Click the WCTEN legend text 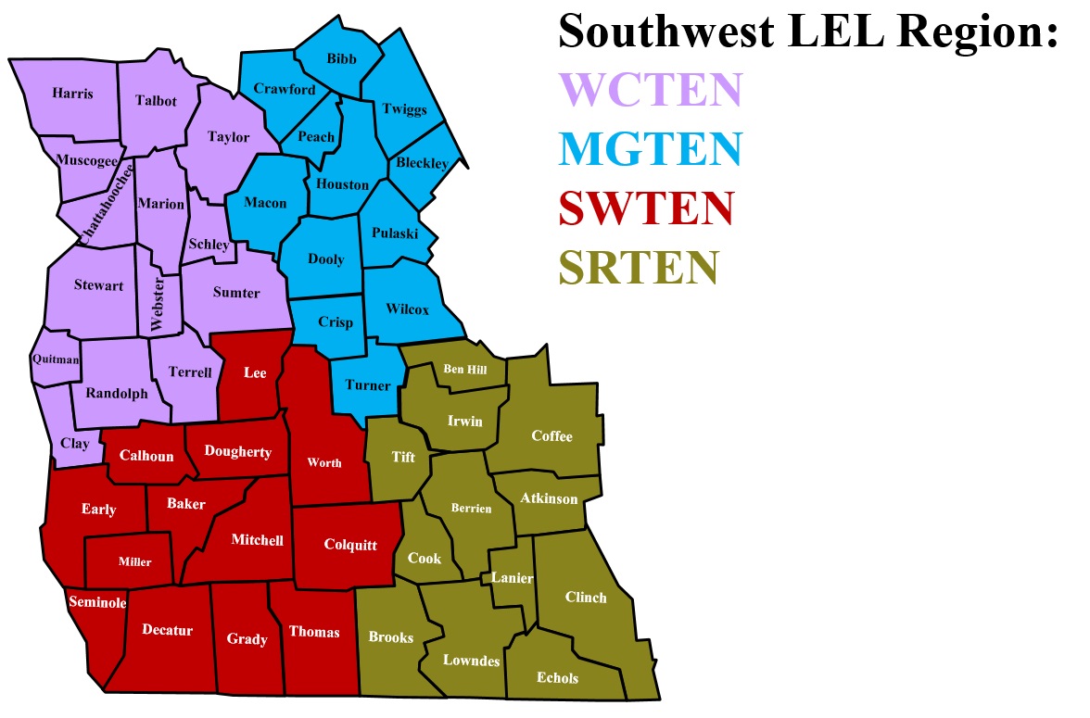[651, 90]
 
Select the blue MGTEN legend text [651, 148]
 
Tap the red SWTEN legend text [646, 208]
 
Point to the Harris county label [72, 94]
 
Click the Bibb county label [341, 58]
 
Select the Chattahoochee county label [105, 201]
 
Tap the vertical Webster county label [157, 305]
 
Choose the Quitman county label [56, 359]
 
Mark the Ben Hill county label [464, 369]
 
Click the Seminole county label [96, 602]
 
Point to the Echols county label [557, 677]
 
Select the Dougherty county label [238, 452]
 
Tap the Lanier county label [513, 578]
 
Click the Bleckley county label [422, 163]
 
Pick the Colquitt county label [350, 545]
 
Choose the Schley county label [209, 245]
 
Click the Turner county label [368, 385]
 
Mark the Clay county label [75, 444]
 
